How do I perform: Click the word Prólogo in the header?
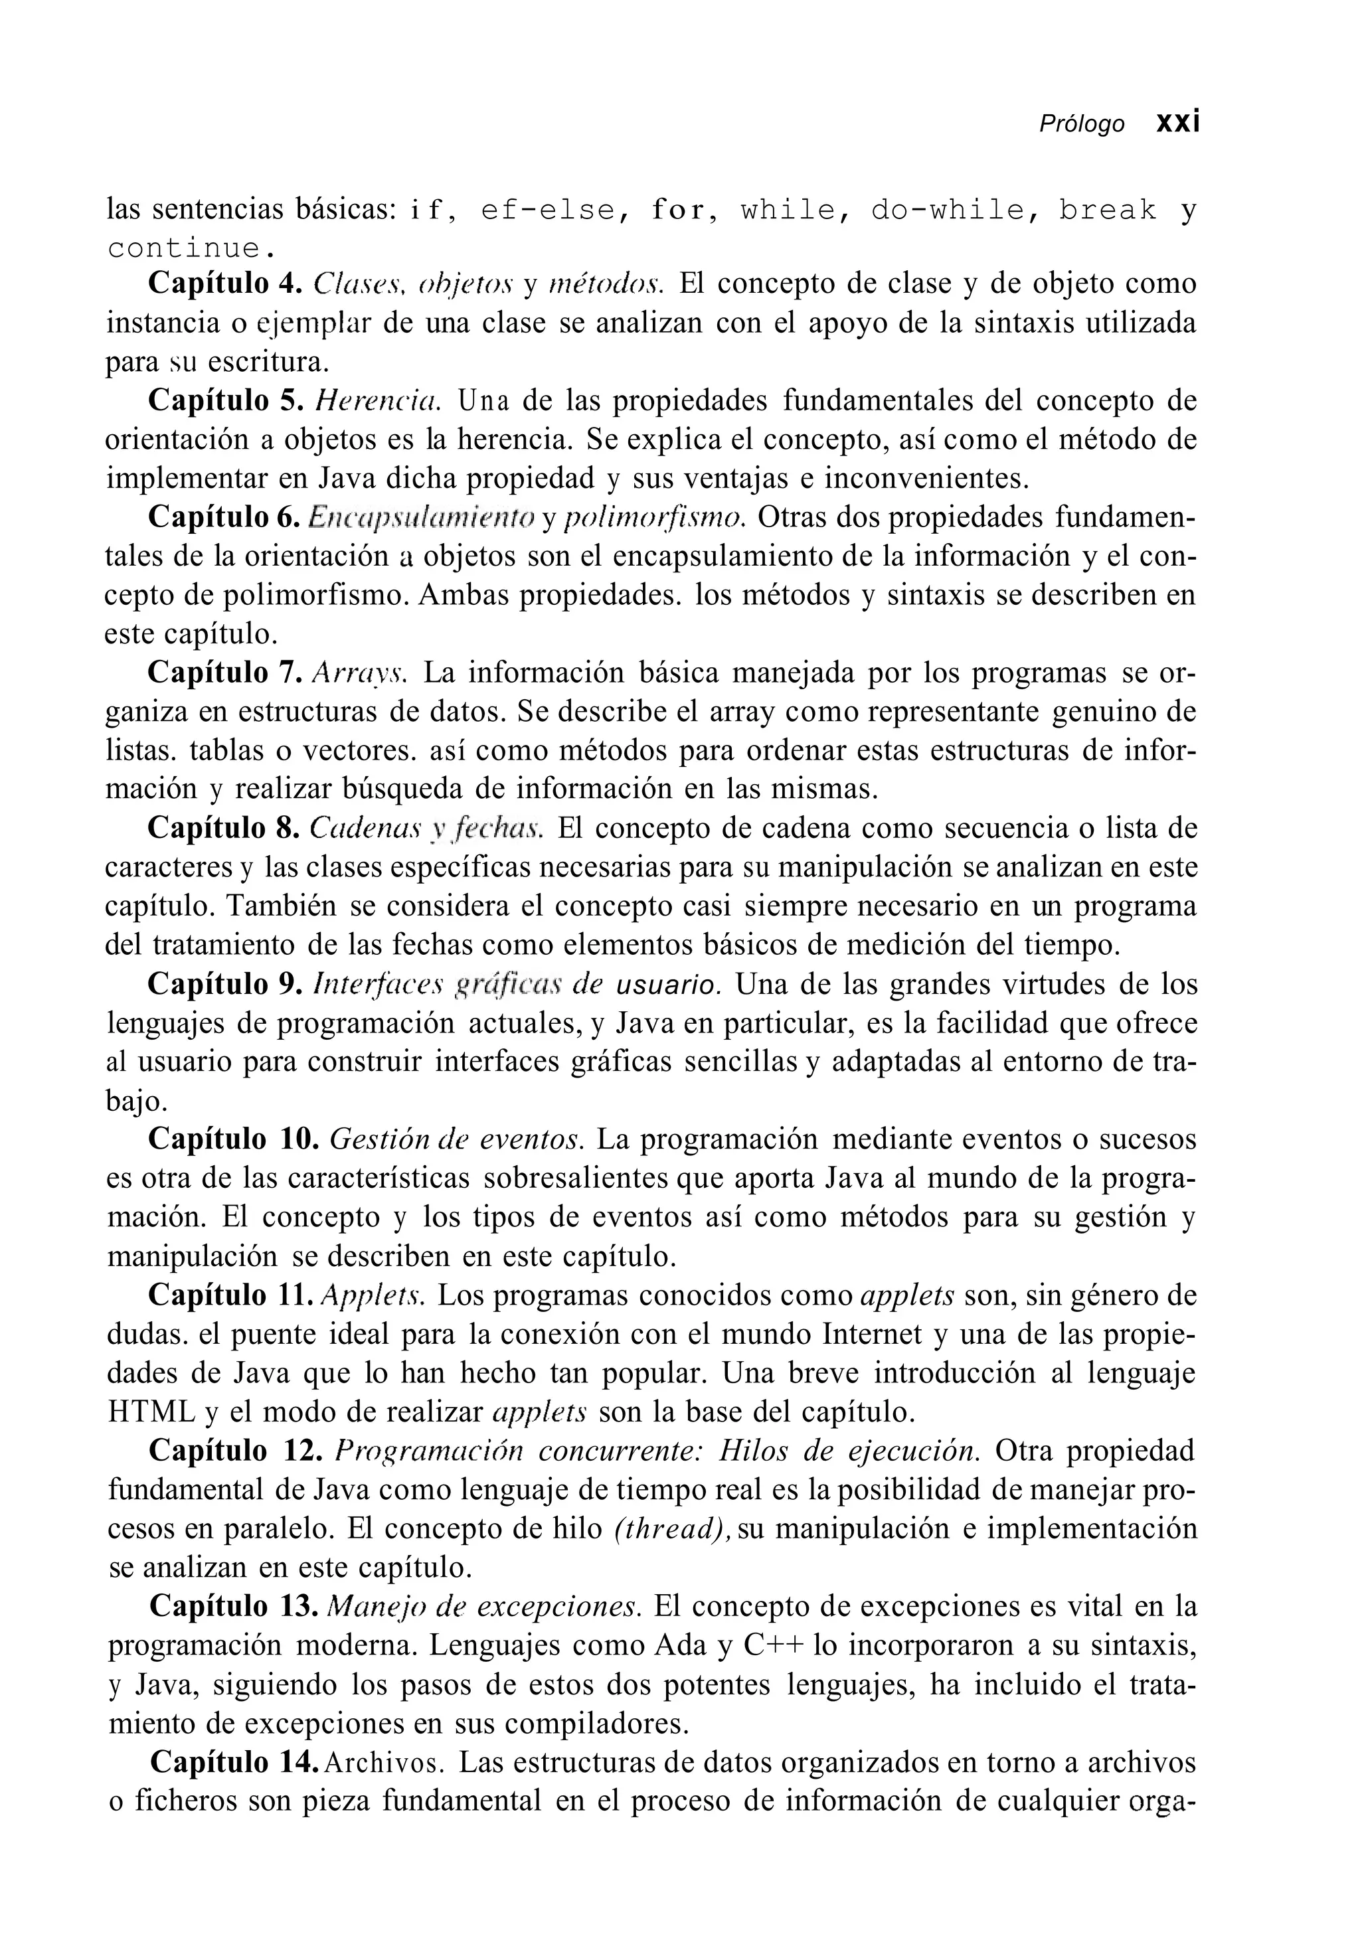(x=1081, y=124)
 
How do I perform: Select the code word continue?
(x=192, y=249)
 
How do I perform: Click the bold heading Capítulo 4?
(x=225, y=284)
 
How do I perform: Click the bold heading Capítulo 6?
(x=225, y=517)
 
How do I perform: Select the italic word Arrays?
(x=361, y=673)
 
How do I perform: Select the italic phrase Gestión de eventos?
(x=456, y=1140)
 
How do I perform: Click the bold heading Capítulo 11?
(x=232, y=1296)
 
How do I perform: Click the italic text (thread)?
(x=672, y=1529)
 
